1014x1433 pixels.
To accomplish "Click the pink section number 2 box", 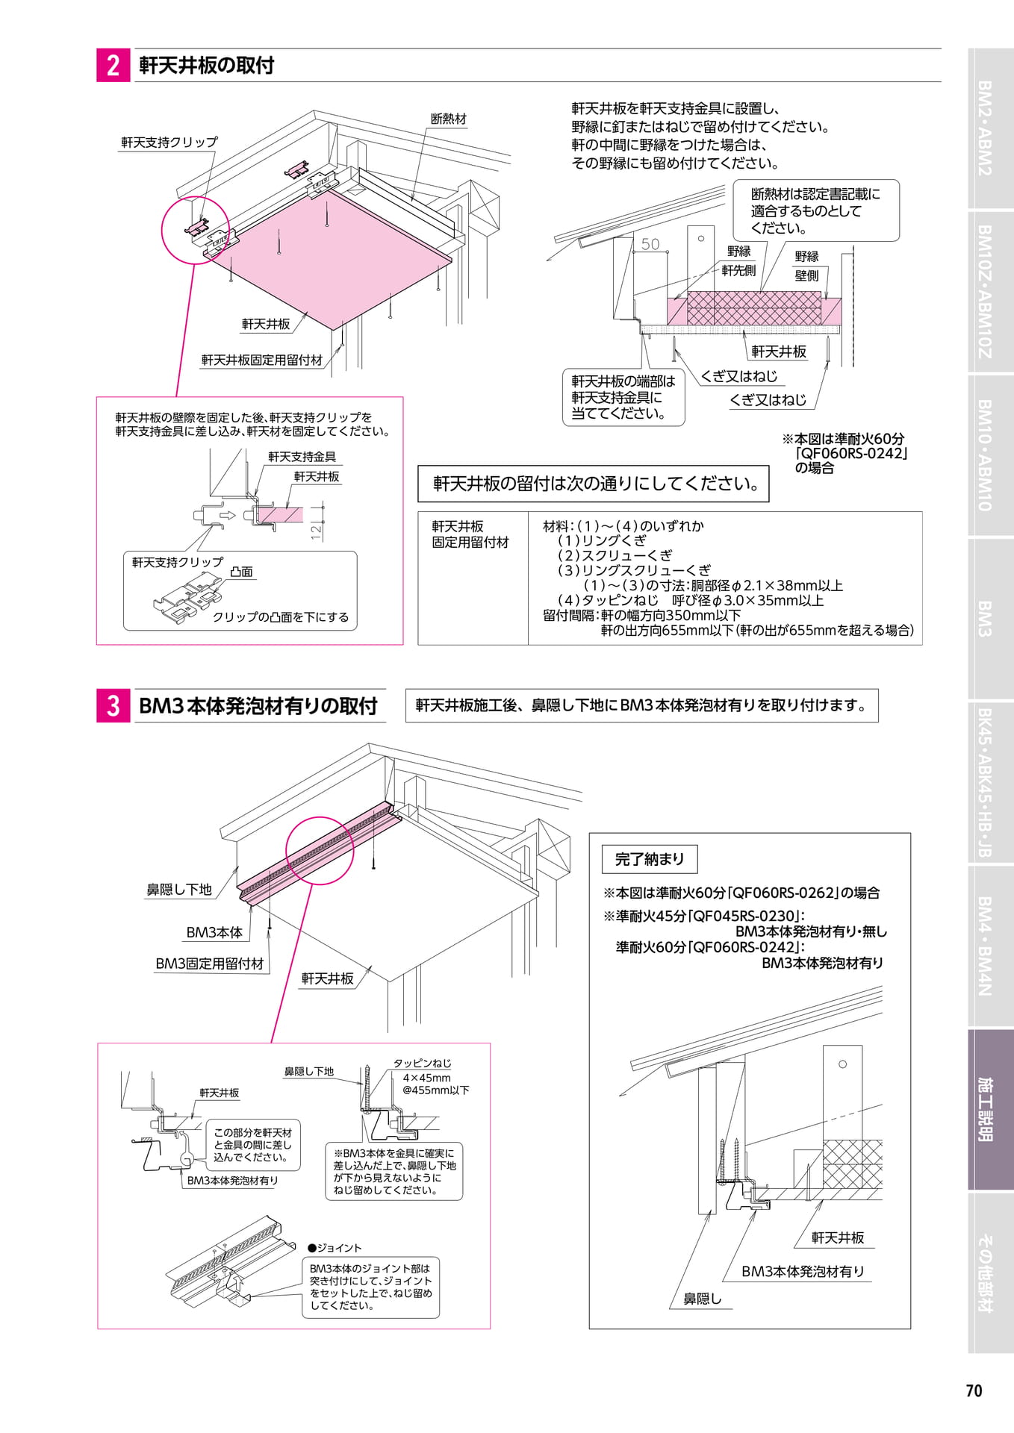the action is coord(113,66).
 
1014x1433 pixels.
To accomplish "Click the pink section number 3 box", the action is coord(113,705).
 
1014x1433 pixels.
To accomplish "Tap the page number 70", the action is coord(974,1390).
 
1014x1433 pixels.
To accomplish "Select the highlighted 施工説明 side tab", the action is coord(990,1110).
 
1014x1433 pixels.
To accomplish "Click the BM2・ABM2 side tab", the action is coord(990,128).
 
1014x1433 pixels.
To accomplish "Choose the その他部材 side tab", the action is coord(990,1273).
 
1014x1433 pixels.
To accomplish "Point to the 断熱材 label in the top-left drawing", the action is coord(448,119).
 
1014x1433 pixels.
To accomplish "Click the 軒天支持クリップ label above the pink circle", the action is coord(169,142).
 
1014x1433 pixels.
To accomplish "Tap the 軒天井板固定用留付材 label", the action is coord(262,360).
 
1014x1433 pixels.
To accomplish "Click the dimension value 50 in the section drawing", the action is coord(650,244).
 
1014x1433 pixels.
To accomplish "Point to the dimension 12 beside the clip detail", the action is coord(316,531).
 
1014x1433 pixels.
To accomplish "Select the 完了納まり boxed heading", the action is coord(650,859).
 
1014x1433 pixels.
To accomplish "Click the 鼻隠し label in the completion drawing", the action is coord(703,1299).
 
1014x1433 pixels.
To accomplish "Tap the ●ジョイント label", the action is coord(335,1248).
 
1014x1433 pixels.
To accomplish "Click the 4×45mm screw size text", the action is coord(426,1078).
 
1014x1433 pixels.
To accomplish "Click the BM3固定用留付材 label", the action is coord(210,964).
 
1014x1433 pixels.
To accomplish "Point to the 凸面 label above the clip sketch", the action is coord(241,572).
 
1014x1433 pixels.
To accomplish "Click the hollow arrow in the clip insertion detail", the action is coord(228,515).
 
